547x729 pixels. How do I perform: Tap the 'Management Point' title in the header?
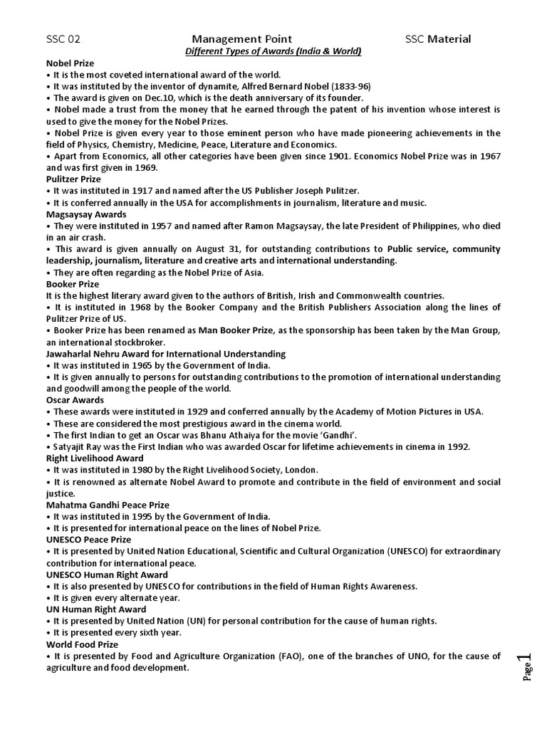point(241,39)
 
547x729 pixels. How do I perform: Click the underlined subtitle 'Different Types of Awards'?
point(273,51)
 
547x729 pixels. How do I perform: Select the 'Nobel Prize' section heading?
point(70,63)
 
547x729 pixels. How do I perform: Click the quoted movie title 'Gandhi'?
point(334,435)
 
